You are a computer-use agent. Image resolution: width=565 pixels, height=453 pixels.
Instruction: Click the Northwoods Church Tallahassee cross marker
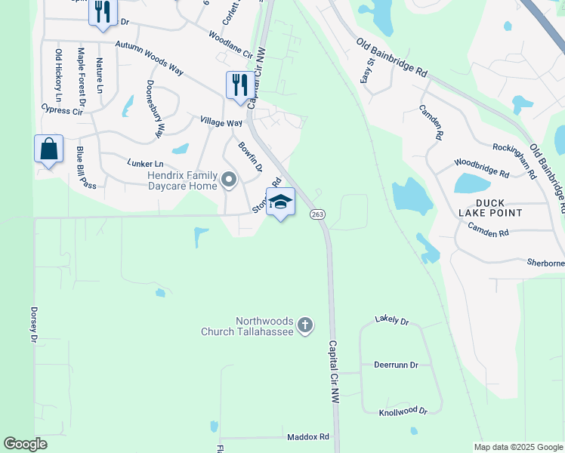click(x=305, y=325)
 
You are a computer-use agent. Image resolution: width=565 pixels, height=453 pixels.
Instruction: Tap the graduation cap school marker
click(x=280, y=203)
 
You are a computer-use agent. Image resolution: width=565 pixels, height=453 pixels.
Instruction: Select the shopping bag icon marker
click(x=48, y=149)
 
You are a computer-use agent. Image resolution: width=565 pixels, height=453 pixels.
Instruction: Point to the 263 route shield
click(x=317, y=214)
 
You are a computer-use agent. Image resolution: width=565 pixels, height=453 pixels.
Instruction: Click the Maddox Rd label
click(x=308, y=437)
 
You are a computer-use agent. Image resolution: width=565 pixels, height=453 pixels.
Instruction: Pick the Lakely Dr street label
click(x=391, y=321)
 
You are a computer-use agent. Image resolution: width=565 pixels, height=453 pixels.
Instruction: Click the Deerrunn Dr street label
click(x=396, y=365)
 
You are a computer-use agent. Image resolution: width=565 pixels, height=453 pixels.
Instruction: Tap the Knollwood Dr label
click(x=403, y=411)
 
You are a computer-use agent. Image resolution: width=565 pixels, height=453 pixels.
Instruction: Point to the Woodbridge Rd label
click(x=481, y=167)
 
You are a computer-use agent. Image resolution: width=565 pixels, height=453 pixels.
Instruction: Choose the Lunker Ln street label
click(x=146, y=163)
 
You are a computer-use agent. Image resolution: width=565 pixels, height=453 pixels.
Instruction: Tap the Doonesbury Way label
click(x=155, y=109)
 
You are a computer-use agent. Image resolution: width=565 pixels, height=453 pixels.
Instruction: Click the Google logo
click(x=26, y=444)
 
